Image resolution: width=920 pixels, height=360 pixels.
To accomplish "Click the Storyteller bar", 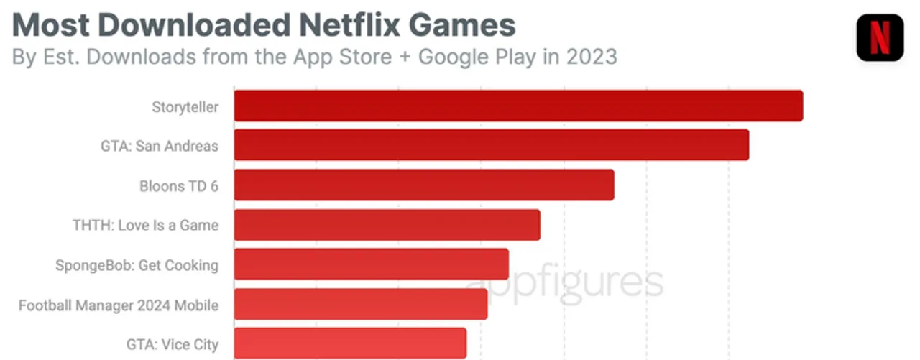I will click(518, 106).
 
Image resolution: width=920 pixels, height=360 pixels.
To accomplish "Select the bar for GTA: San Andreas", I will click(492, 145).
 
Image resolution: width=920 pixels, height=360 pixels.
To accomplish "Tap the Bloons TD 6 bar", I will click(424, 185).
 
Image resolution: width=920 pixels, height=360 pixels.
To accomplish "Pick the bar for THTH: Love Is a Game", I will click(387, 225).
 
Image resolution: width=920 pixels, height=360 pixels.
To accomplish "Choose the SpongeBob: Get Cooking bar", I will click(372, 264).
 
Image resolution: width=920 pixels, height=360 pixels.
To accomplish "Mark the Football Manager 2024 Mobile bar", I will click(361, 304).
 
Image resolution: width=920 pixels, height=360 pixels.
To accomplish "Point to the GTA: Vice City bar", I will click(350, 343).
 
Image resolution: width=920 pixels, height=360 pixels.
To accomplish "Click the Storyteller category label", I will click(185, 107).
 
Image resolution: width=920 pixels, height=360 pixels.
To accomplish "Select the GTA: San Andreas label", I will click(159, 146).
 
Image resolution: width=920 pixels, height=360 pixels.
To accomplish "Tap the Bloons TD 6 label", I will click(178, 186).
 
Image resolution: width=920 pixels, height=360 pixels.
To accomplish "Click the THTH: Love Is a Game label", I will click(145, 226).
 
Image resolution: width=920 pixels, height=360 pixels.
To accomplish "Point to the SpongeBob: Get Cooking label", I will click(137, 265).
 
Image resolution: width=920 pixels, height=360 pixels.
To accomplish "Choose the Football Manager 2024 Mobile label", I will click(119, 305).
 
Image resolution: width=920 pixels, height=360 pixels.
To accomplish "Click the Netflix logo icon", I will click(879, 37).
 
